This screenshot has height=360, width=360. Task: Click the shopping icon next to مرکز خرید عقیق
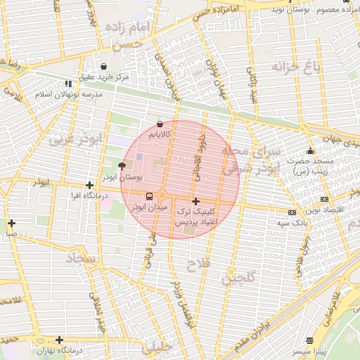pos(104,66)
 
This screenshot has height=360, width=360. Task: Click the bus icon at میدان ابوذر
pos(149,196)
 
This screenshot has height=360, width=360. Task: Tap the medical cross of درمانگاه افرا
pos(89,186)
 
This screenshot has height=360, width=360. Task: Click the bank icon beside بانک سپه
pos(292,212)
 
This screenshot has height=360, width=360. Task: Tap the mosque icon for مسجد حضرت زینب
pos(310,150)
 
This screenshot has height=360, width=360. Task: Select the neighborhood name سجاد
pos(80,259)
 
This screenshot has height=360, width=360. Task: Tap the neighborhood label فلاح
pos(196,265)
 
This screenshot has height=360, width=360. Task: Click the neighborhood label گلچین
pos(238,277)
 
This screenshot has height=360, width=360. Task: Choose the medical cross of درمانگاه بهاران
pos(59,340)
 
